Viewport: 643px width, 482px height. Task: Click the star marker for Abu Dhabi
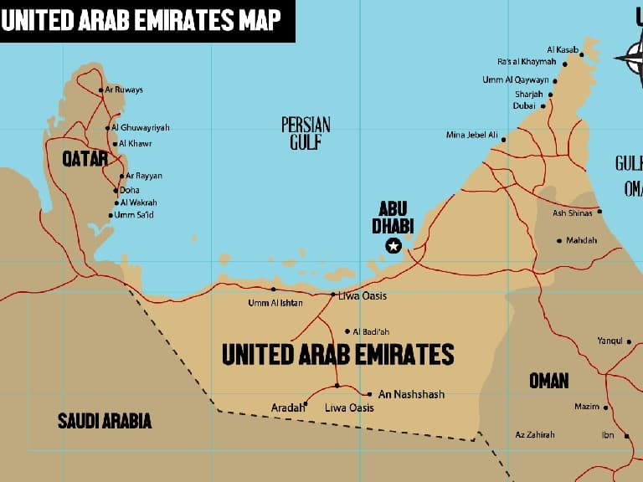coord(393,245)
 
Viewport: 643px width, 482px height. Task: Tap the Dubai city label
coord(524,106)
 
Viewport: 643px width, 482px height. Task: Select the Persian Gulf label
coord(306,133)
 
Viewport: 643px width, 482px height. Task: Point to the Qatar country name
coord(85,158)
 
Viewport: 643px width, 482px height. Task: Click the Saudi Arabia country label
coord(105,420)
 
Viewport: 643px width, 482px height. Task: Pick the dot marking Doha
coord(115,190)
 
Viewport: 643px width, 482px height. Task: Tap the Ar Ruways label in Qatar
coord(124,90)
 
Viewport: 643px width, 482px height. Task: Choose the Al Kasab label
coord(563,49)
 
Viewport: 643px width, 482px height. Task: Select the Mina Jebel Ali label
coord(472,135)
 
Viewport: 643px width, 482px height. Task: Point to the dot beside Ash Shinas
coord(599,212)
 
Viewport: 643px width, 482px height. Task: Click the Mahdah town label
coord(582,240)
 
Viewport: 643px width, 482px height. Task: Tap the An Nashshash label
coord(411,394)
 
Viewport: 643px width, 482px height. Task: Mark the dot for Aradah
coord(305,403)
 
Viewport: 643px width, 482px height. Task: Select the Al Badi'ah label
coord(372,331)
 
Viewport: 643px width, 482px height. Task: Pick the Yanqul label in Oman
coord(609,341)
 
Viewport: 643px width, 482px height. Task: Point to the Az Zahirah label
coord(535,434)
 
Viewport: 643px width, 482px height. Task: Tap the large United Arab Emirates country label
coord(337,355)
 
